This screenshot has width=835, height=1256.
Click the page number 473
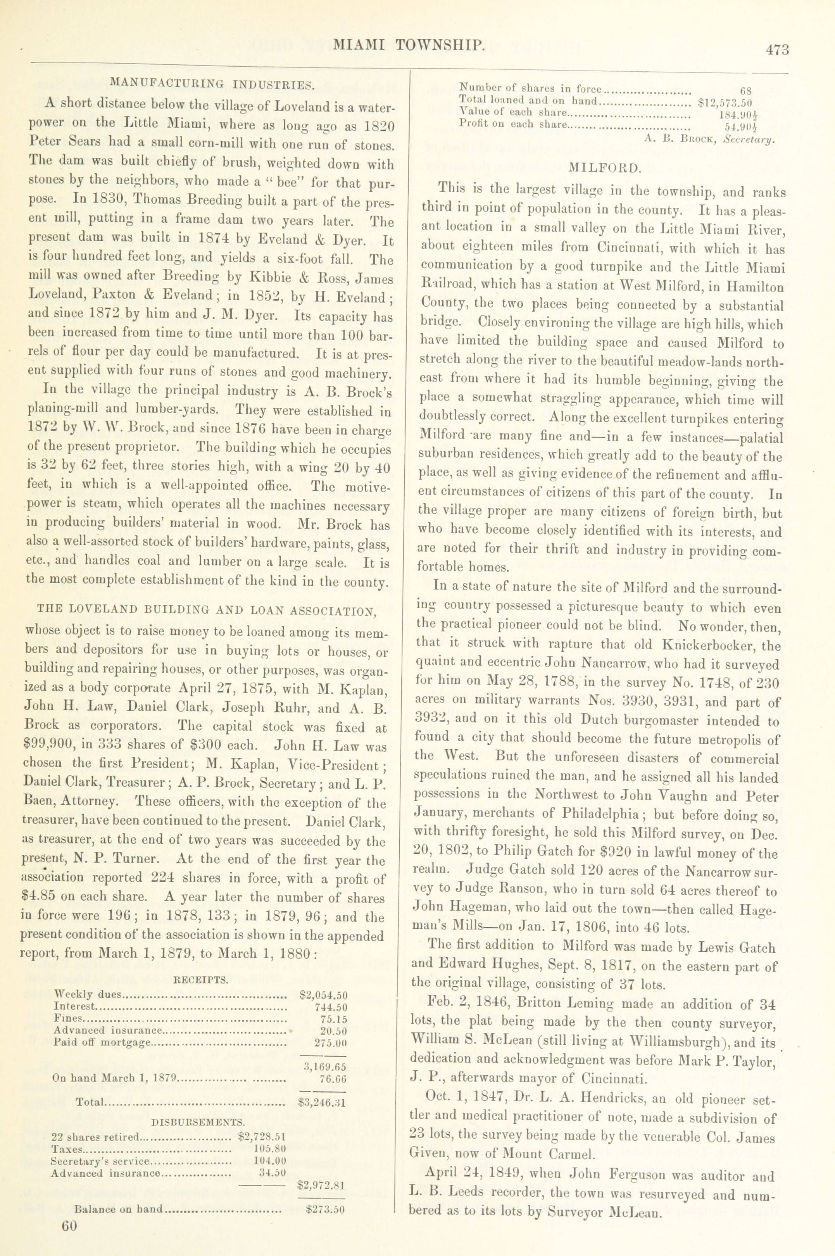777,50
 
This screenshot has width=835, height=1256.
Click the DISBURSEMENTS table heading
198,1122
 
